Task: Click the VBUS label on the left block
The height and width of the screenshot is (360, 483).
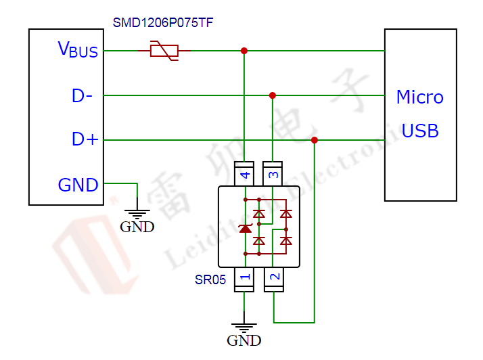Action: [x=78, y=49]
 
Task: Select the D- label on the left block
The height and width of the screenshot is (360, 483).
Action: [x=82, y=96]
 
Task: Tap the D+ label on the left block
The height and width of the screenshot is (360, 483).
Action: [x=85, y=139]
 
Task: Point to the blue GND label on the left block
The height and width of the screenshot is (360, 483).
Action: [x=78, y=185]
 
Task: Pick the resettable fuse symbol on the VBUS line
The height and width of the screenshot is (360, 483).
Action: [x=163, y=50]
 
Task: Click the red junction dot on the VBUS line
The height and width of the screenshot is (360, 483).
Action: [x=244, y=51]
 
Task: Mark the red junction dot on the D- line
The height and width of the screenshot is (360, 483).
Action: [x=273, y=95]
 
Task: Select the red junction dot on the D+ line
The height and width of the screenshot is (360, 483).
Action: [x=315, y=140]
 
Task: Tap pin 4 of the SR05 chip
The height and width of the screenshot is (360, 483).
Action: [x=244, y=175]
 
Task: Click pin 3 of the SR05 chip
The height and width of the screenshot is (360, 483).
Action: [x=273, y=175]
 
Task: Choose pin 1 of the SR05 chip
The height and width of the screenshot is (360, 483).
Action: [x=244, y=277]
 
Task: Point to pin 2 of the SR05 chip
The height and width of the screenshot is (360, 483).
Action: [x=273, y=277]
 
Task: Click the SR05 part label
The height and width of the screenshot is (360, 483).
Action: [x=210, y=279]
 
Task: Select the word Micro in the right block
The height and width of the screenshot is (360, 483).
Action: [x=420, y=97]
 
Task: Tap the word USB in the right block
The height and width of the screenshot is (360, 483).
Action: [x=420, y=131]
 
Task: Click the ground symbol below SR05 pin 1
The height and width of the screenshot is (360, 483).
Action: [x=244, y=325]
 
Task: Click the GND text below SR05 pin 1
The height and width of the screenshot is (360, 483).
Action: [x=244, y=340]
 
